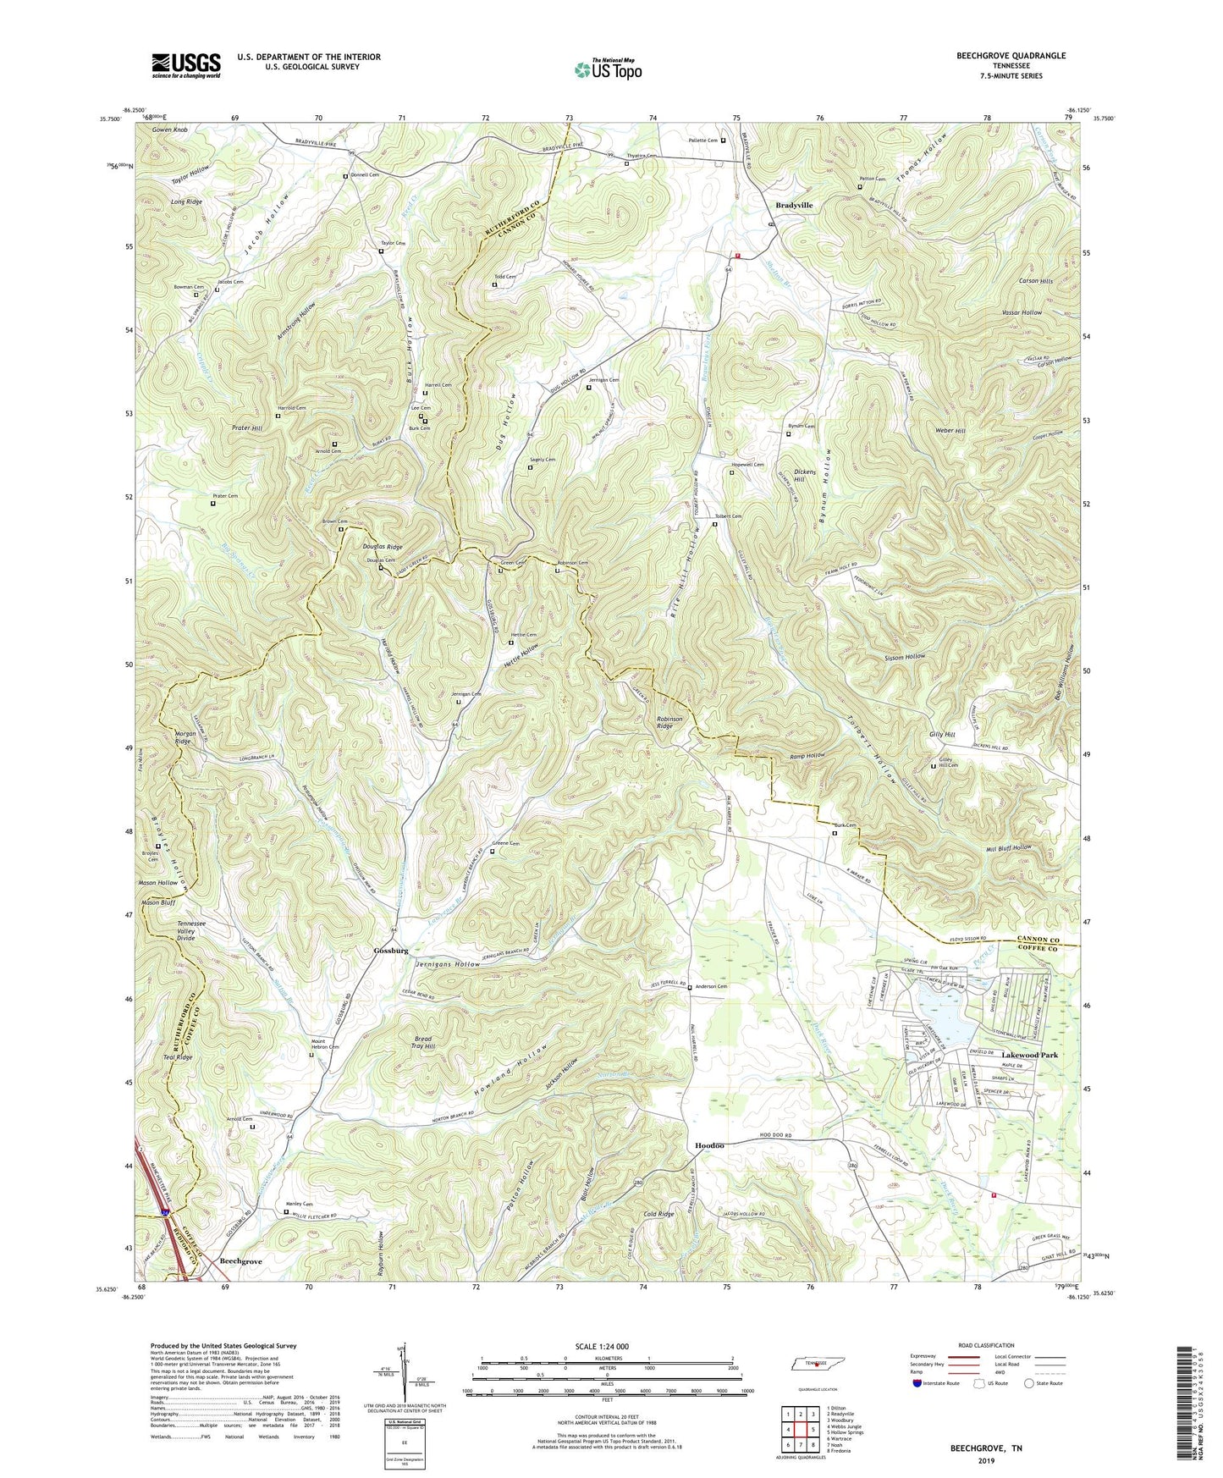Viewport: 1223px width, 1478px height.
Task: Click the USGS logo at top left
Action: [186, 64]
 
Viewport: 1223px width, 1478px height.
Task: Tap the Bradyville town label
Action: [794, 205]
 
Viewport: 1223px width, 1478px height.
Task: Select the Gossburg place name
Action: [391, 951]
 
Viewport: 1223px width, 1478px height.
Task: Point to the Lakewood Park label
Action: [1029, 1055]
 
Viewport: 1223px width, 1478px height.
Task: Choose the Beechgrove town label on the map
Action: [240, 1260]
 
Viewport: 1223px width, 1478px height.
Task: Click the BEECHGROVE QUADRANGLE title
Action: [999, 56]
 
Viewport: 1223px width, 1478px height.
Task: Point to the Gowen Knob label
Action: [169, 130]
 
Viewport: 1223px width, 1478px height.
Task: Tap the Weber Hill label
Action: [950, 430]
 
